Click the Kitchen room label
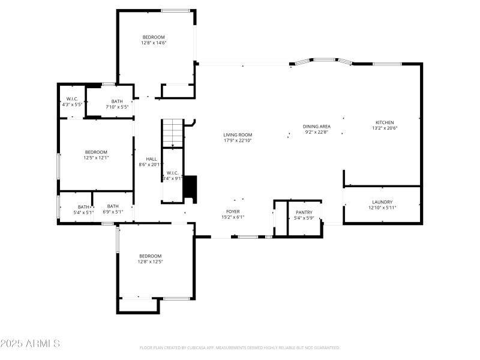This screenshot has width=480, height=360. tap(384, 122)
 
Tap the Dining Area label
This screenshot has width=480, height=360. tap(317, 127)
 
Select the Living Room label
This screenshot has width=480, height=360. tap(238, 135)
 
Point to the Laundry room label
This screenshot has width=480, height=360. tap(382, 202)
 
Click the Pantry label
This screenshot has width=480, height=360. tap(304, 212)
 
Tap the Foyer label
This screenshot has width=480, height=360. tap(233, 212)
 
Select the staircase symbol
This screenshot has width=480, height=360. tap(173, 132)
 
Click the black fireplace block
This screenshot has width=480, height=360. tap(190, 187)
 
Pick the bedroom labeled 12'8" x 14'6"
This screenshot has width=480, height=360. tap(153, 37)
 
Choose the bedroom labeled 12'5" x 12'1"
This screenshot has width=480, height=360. tap(96, 152)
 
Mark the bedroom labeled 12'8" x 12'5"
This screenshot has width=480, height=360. tap(150, 256)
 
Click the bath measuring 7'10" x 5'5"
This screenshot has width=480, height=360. tap(117, 101)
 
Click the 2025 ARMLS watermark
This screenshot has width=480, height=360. tap(30, 344)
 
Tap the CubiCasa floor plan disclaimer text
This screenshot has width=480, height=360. tap(240, 347)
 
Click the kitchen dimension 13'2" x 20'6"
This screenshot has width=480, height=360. tap(385, 128)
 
